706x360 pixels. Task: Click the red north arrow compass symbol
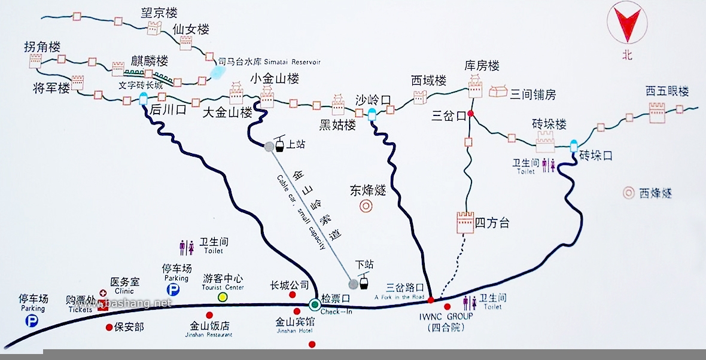click(x=626, y=24)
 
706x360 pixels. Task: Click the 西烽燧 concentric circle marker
click(x=629, y=193)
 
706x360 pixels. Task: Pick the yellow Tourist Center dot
click(x=223, y=297)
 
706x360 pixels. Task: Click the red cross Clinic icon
click(x=103, y=293)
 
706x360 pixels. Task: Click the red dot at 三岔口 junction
click(x=471, y=114)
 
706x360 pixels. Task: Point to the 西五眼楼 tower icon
click(x=657, y=112)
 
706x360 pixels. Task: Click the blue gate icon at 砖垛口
click(x=574, y=145)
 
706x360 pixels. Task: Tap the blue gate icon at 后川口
click(x=143, y=99)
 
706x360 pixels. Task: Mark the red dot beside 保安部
click(x=109, y=327)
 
